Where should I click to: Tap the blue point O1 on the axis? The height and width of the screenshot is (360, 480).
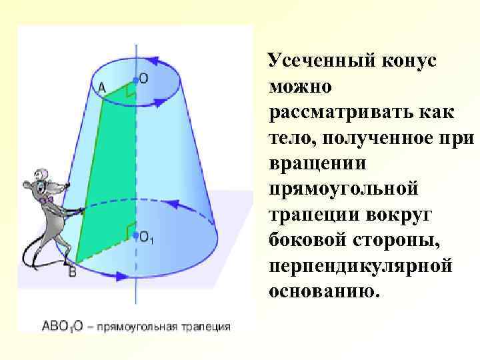[x=136, y=235]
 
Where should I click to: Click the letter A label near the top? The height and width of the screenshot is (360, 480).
[x=102, y=87]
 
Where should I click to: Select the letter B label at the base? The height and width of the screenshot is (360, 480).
[x=72, y=271]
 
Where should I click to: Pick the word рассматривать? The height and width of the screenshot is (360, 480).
[x=336, y=111]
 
